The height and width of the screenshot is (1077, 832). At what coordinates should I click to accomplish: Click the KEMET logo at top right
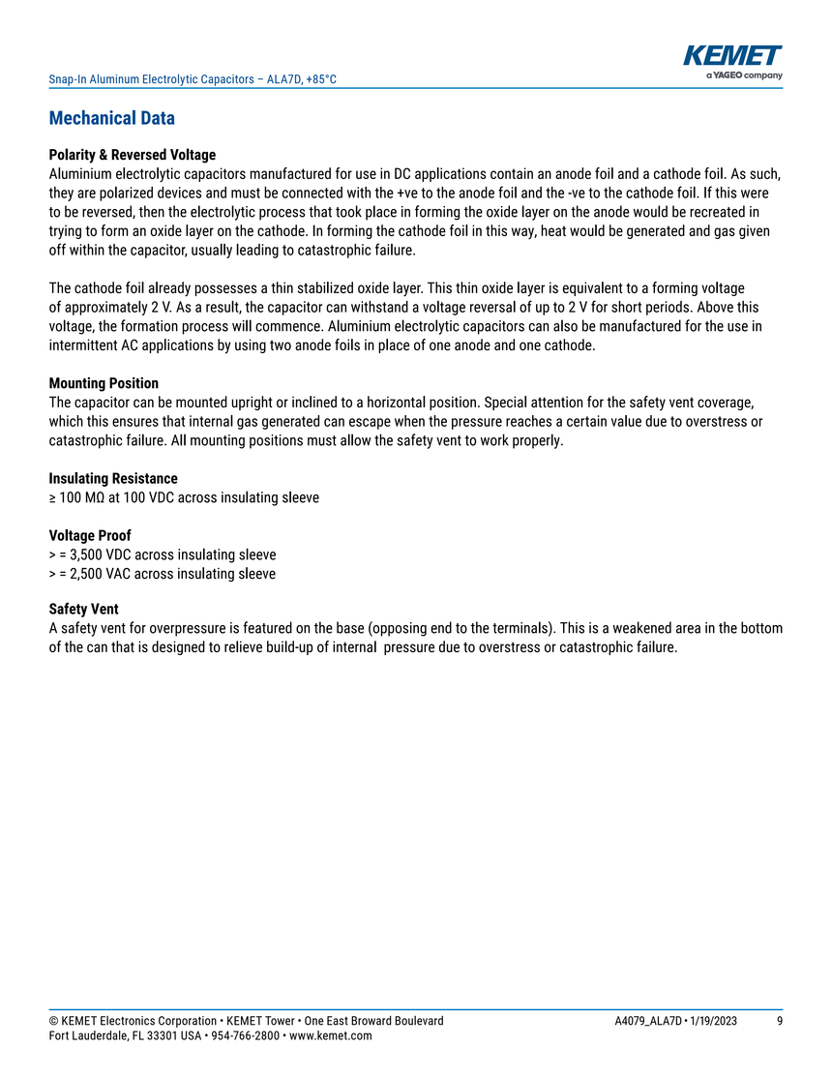coord(732,56)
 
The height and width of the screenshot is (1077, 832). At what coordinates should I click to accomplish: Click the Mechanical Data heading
coord(111,119)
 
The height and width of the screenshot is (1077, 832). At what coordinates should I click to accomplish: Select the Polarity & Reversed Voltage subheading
coord(132,155)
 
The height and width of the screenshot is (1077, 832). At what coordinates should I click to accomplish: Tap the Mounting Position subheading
coord(104,383)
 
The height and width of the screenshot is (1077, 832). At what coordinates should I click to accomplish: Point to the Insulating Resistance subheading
coord(113,479)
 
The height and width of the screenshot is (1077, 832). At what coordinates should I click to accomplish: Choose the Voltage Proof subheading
coord(90,536)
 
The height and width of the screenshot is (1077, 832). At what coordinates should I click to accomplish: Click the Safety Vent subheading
coord(84,610)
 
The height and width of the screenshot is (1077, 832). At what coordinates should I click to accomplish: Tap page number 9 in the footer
coord(780,1021)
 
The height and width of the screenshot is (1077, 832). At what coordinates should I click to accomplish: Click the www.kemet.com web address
coord(331,1036)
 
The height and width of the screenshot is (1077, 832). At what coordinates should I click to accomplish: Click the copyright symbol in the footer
coord(52,1021)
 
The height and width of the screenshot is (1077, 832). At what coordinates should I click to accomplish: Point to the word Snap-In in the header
coord(67,78)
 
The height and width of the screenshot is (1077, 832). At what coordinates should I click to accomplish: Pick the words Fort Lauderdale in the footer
coord(88,1036)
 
